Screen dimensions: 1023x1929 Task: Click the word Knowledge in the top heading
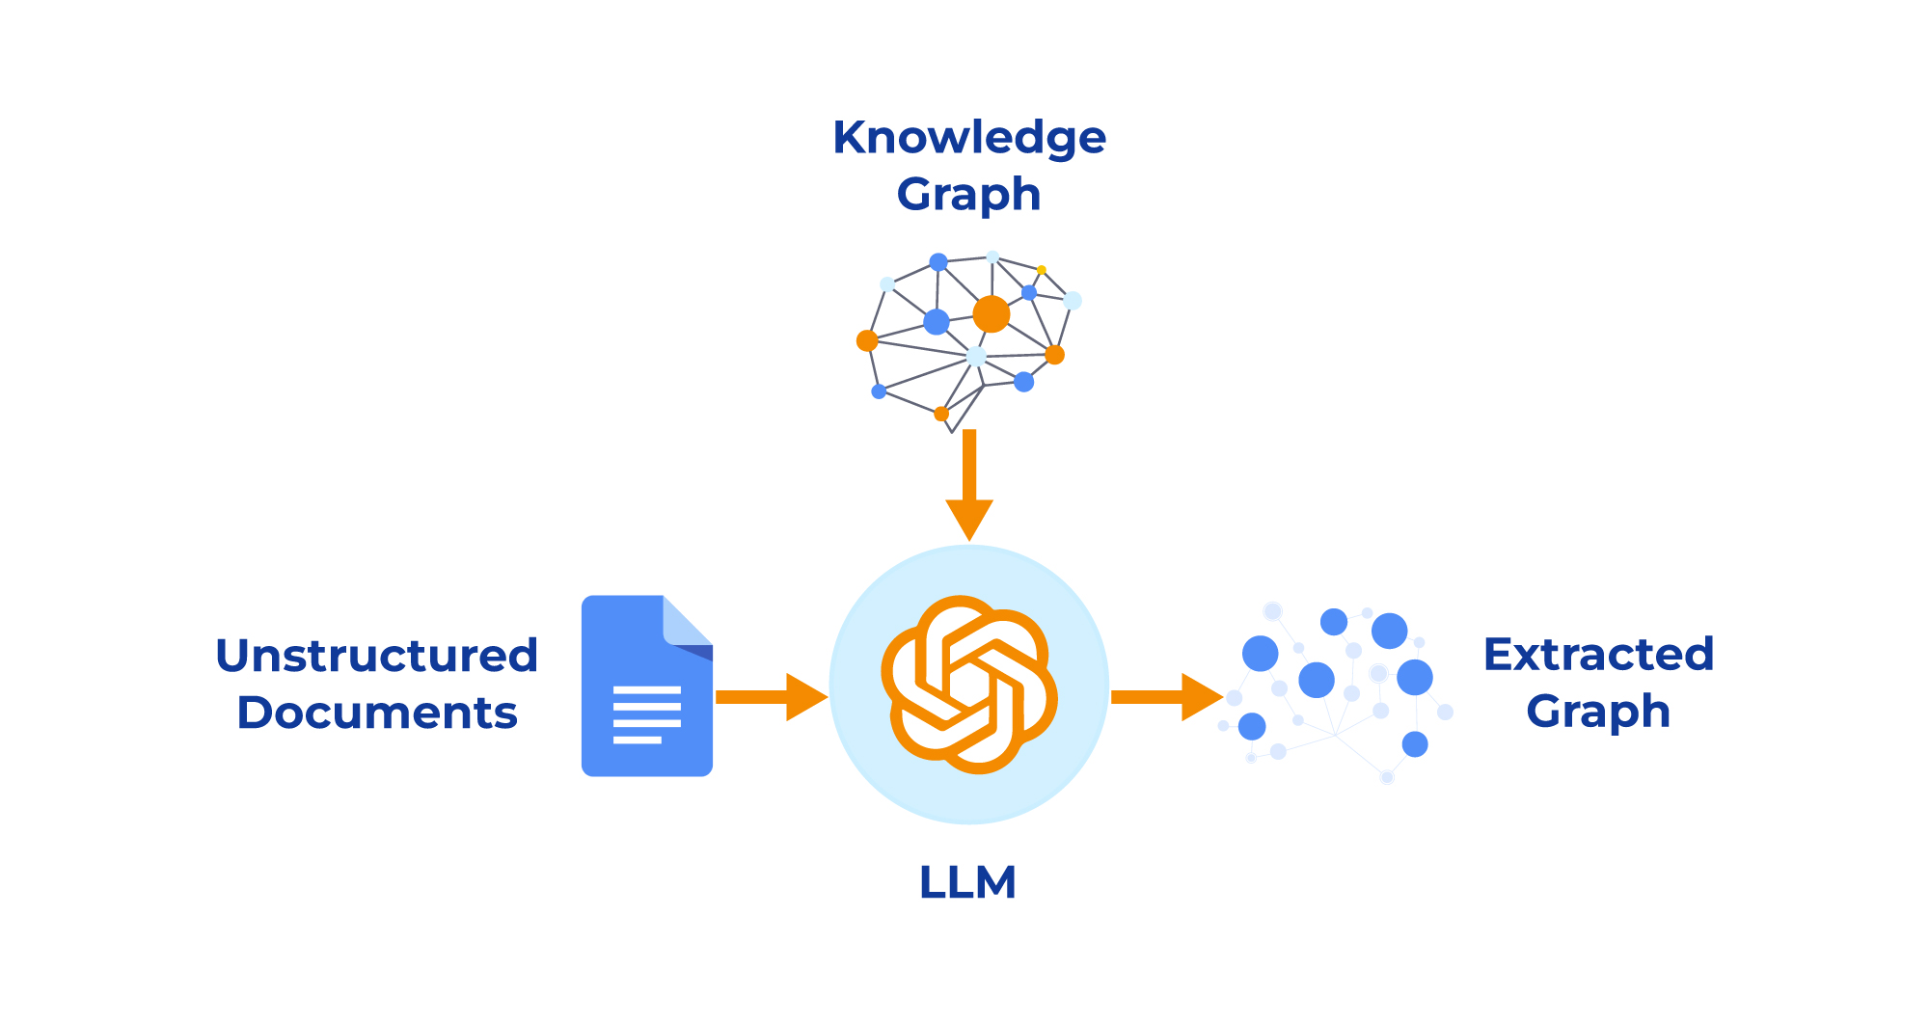pyautogui.click(x=968, y=138)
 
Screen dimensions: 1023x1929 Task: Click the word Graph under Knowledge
pyautogui.click(x=968, y=195)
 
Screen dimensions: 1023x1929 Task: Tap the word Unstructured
pyautogui.click(x=376, y=656)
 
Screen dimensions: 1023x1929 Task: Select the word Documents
pyautogui.click(x=376, y=713)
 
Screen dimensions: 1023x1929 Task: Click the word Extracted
pyautogui.click(x=1598, y=655)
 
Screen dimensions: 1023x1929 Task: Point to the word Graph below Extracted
pyautogui.click(x=1597, y=712)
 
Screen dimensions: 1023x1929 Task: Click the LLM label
pyautogui.click(x=967, y=882)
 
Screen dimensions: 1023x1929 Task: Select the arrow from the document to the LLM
pyautogui.click(x=772, y=696)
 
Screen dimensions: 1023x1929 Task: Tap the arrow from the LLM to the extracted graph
pyautogui.click(x=1167, y=696)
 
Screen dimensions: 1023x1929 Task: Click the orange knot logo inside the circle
pyautogui.click(x=969, y=685)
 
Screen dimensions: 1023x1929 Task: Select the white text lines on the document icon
pyautogui.click(x=646, y=714)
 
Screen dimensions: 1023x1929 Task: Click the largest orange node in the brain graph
pyautogui.click(x=991, y=314)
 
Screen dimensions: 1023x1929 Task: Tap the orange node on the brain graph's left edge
pyautogui.click(x=867, y=340)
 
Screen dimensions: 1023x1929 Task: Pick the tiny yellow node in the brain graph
pyautogui.click(x=1042, y=270)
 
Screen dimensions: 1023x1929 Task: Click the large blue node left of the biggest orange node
pyautogui.click(x=936, y=321)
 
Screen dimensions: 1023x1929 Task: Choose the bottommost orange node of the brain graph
pyautogui.click(x=941, y=414)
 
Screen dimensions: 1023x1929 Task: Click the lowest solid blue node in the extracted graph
pyautogui.click(x=1414, y=744)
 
